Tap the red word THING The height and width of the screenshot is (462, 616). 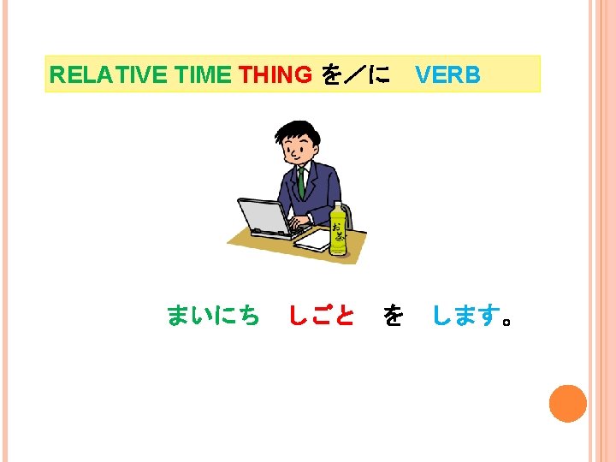pos(275,75)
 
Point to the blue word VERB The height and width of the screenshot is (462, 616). pos(447,75)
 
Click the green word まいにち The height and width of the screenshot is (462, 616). pos(213,317)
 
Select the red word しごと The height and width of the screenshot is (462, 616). pos(321,317)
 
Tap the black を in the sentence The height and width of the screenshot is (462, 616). pos(393,317)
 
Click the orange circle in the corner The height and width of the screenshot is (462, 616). pos(567,404)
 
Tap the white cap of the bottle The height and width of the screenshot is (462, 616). pos(338,205)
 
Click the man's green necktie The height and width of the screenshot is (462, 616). pos(302,180)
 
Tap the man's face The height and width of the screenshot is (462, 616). pos(297,150)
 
